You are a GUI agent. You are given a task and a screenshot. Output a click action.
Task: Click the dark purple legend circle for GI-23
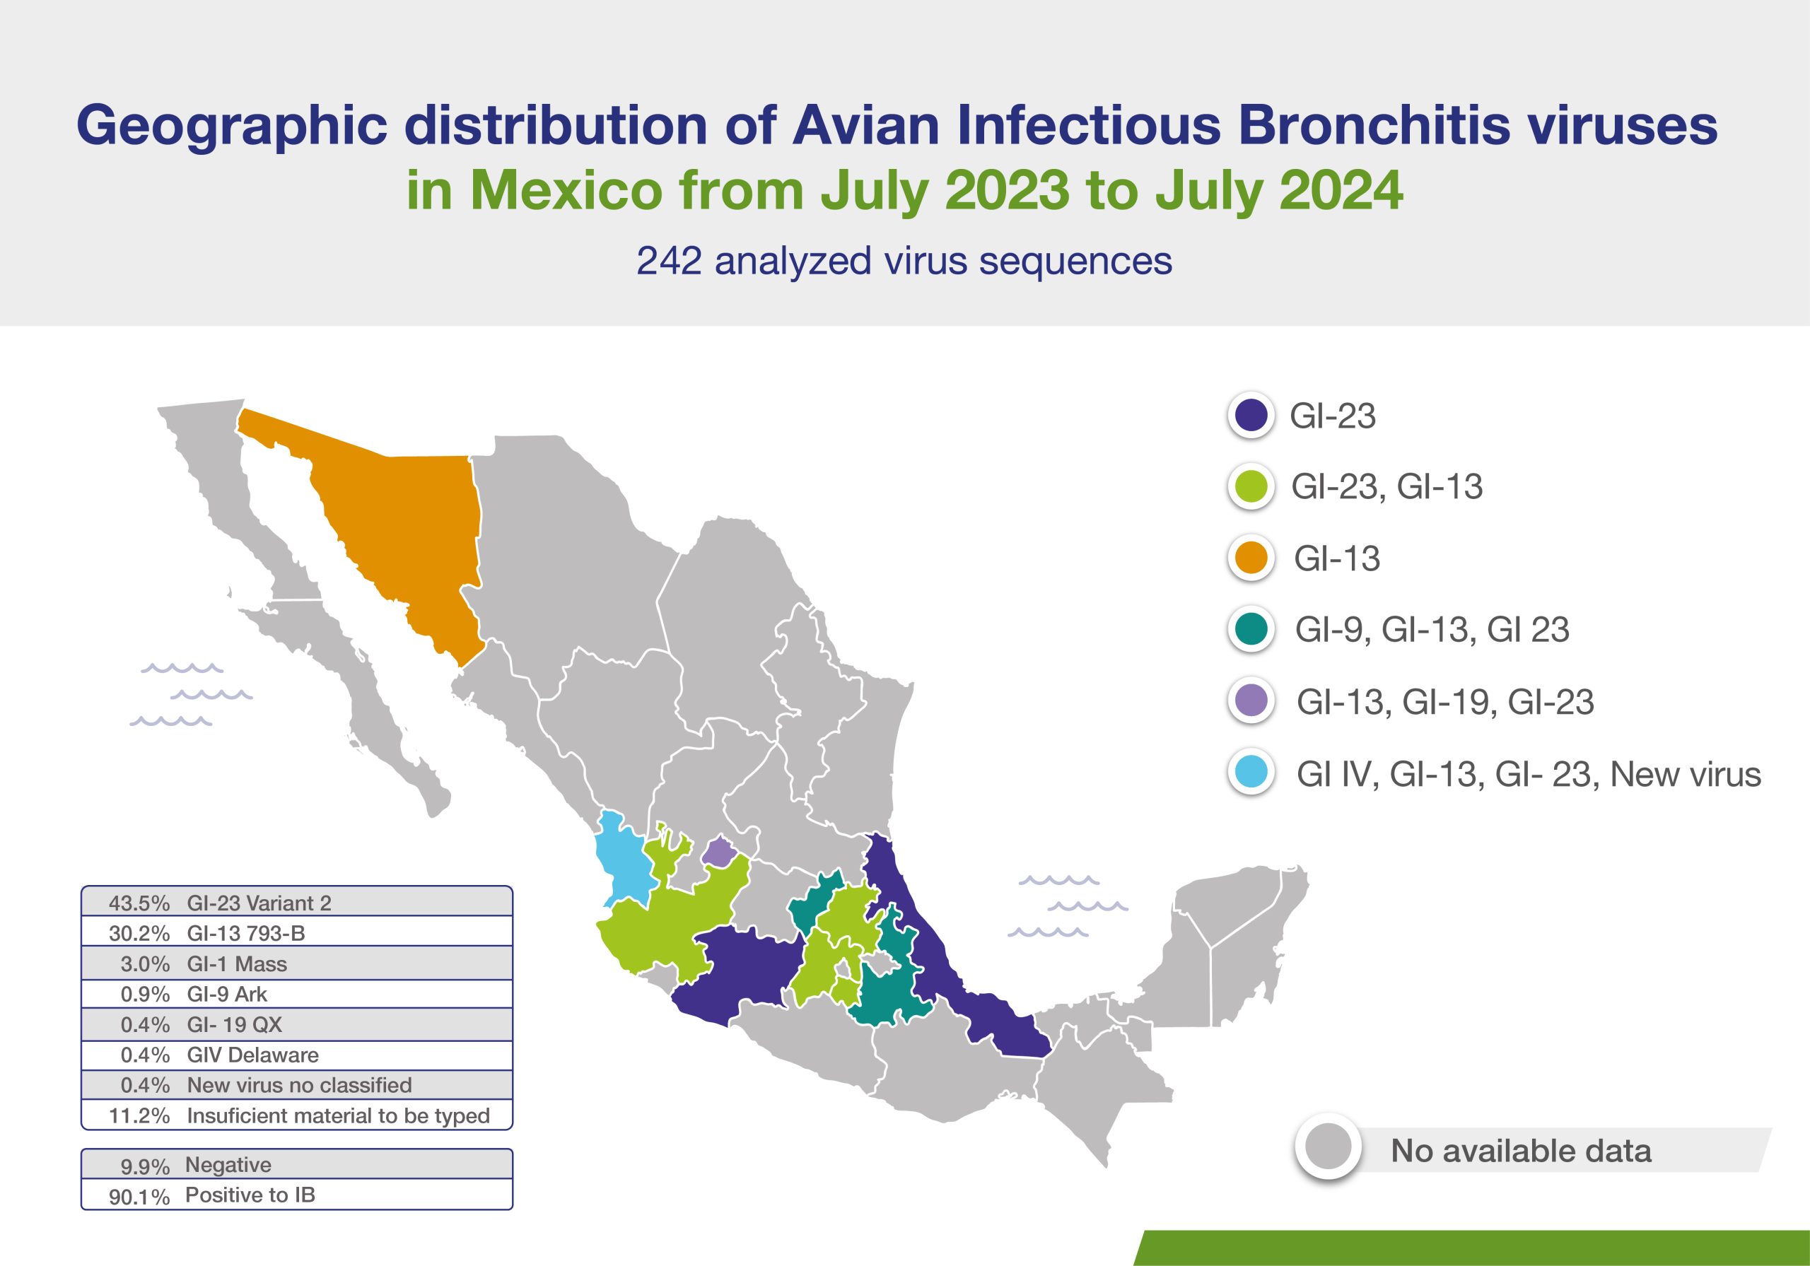(1251, 415)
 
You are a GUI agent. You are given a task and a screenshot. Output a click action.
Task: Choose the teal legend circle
(1251, 629)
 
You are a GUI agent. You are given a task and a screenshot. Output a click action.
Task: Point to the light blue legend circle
(1251, 773)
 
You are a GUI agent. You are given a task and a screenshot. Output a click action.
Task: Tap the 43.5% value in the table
(139, 903)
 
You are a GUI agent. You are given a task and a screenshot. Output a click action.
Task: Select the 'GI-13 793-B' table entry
(246, 933)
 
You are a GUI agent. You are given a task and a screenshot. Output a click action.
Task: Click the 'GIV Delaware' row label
(253, 1055)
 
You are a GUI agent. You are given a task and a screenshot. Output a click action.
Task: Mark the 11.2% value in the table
(139, 1116)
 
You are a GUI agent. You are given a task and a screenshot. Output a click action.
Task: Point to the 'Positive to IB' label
(250, 1195)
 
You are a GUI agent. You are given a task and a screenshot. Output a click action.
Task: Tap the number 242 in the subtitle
(669, 261)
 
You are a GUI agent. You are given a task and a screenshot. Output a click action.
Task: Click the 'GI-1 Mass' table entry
(236, 964)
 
